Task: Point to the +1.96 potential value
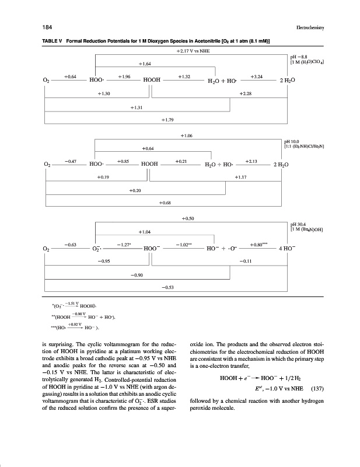[124, 76]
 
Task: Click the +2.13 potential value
[251, 161]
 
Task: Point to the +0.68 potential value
[165, 202]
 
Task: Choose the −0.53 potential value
[167, 287]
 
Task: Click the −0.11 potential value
[246, 262]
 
